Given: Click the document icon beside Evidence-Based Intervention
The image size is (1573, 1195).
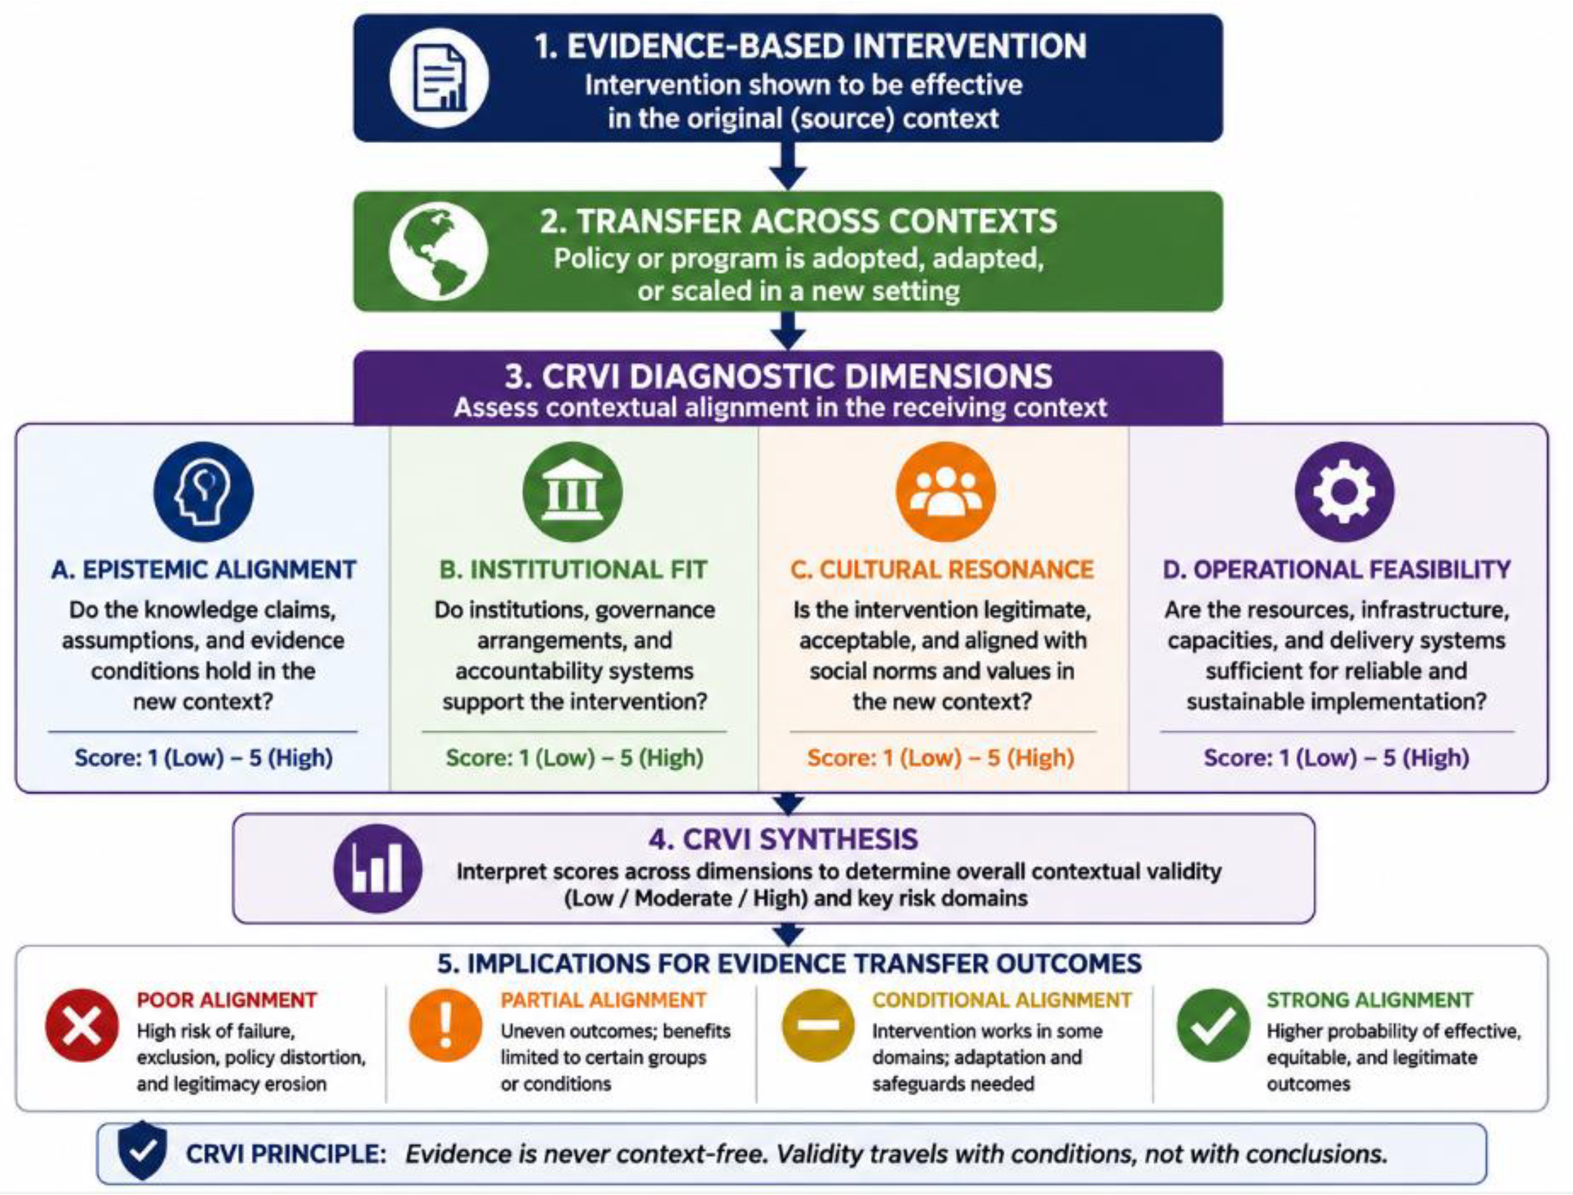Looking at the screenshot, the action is pyautogui.click(x=439, y=78).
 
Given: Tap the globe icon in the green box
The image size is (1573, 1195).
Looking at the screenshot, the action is pyautogui.click(x=439, y=251).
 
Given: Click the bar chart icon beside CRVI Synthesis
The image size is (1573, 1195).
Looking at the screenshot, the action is pyautogui.click(x=378, y=868).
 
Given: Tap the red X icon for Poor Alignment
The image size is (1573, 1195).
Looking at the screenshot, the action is pyautogui.click(x=82, y=1025).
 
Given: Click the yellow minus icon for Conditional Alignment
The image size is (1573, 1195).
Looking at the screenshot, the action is pyautogui.click(x=818, y=1025).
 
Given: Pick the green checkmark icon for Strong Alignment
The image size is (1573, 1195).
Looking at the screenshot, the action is pyautogui.click(x=1214, y=1025).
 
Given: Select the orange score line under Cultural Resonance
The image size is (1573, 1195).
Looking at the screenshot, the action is pyautogui.click(x=941, y=758).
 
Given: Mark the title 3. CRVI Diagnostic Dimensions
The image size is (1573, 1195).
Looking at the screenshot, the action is pyautogui.click(x=779, y=376).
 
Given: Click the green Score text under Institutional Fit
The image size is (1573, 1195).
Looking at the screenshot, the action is pyautogui.click(x=574, y=758).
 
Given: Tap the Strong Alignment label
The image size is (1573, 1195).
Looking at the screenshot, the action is pyautogui.click(x=1369, y=1000).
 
